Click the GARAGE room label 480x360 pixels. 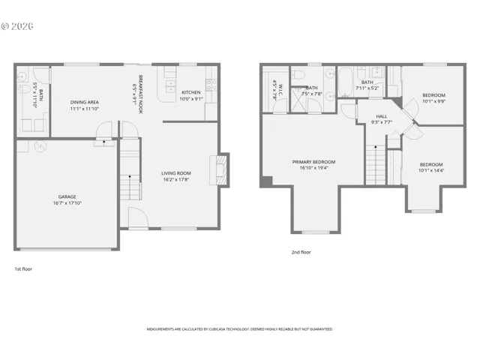coord(67,196)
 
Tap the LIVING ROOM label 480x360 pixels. coord(176,173)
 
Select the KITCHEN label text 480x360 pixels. coord(191,92)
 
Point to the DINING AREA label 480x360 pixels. coord(84,102)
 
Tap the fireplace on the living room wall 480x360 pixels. coord(220,170)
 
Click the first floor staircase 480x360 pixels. coord(130,186)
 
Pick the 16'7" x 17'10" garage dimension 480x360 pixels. coord(67,203)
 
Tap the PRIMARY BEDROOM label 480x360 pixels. coord(313,162)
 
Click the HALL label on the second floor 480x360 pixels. coord(382,116)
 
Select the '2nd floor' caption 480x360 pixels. coord(301,252)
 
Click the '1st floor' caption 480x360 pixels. coord(23,268)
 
